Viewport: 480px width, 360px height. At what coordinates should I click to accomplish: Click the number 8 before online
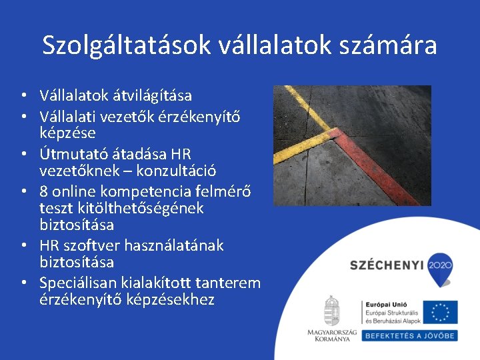click(44, 191)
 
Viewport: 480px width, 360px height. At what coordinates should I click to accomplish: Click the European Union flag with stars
click(440, 311)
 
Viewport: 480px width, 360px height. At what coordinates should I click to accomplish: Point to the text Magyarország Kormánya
click(331, 335)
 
